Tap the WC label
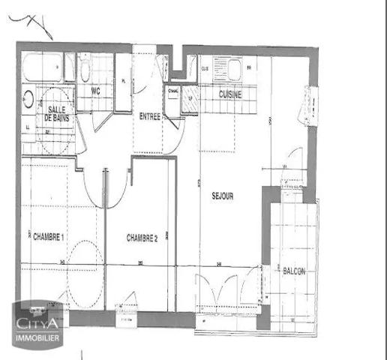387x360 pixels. tap(95, 91)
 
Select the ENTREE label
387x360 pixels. tap(150, 115)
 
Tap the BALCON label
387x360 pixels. tap(293, 271)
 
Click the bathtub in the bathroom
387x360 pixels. tap(42, 68)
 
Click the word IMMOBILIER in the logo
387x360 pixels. tap(39, 339)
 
